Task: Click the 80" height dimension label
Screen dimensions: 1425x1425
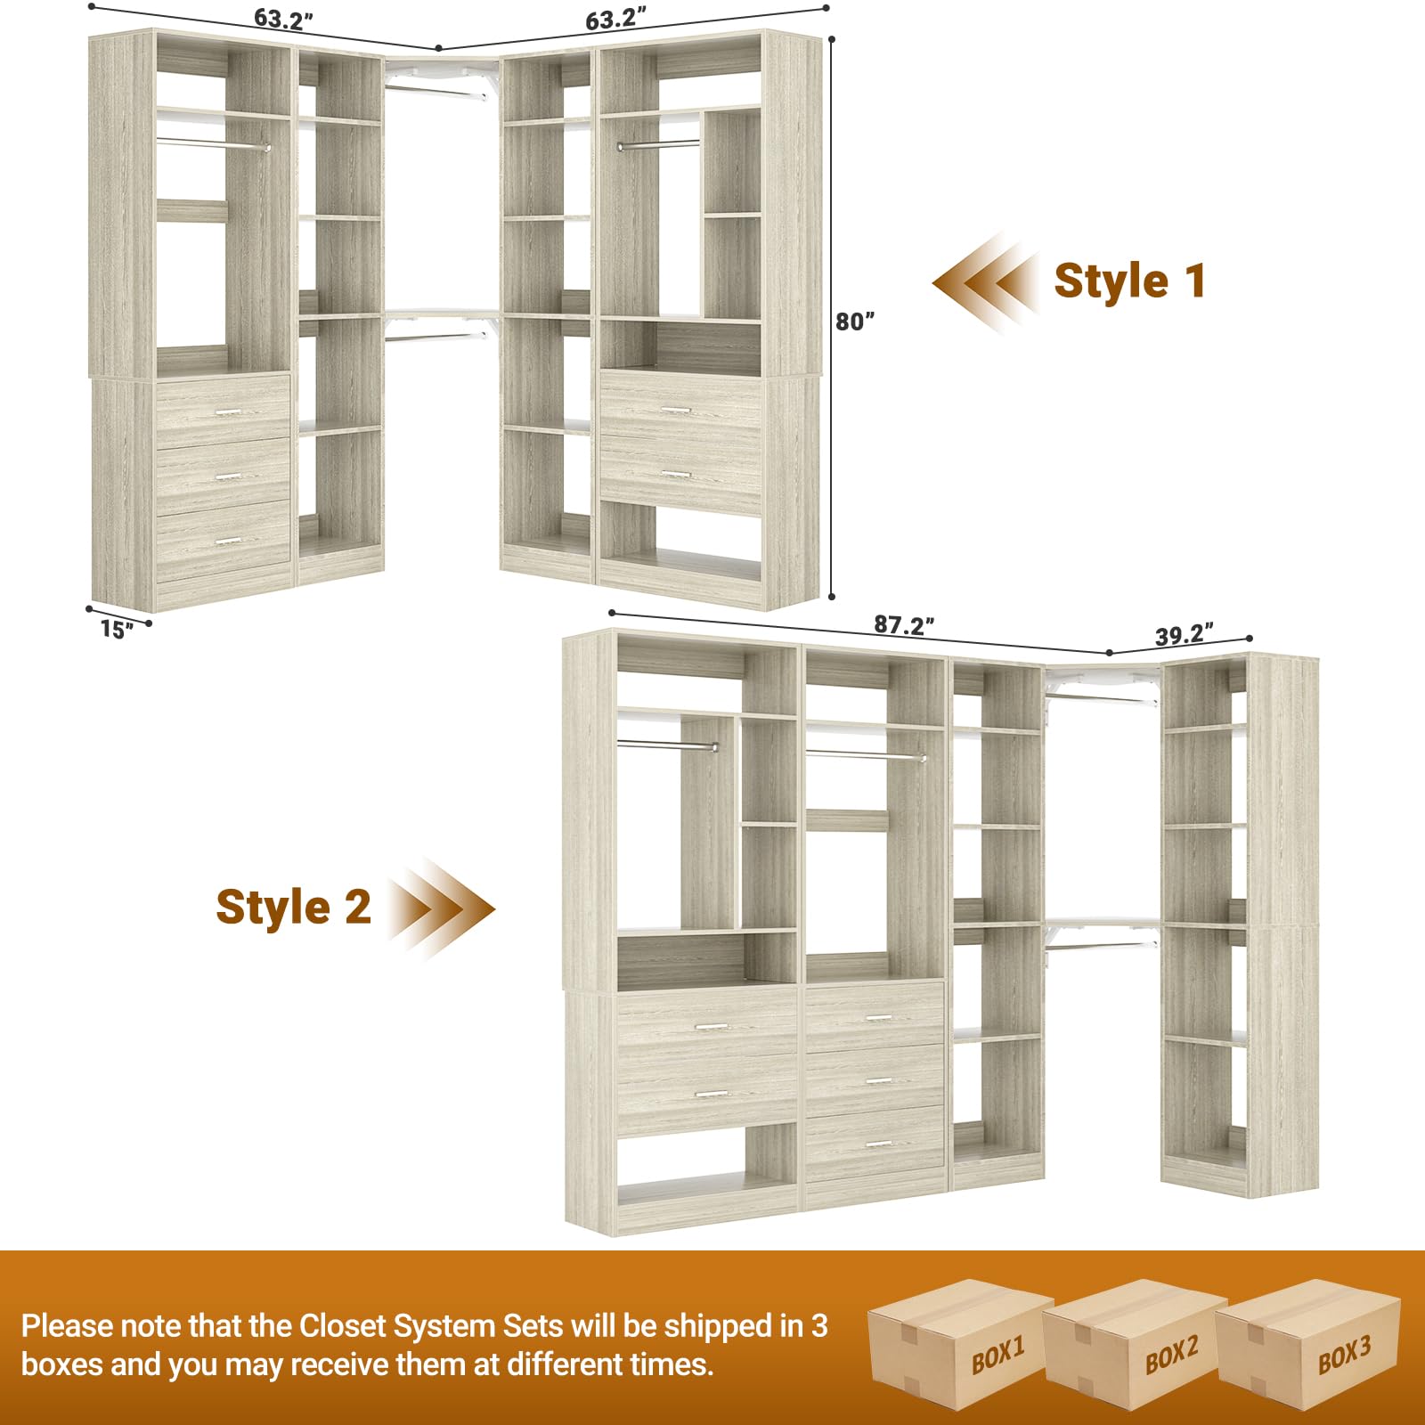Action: [x=854, y=322]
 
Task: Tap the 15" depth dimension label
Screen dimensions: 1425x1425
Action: [x=117, y=630]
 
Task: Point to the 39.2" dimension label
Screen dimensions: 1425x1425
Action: [x=1184, y=635]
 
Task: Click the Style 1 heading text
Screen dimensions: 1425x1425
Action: [x=1129, y=281]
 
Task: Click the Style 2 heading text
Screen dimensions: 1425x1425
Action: [x=293, y=908]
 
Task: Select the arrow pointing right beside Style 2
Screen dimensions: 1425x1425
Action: [x=441, y=909]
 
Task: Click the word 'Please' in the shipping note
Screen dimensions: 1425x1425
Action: [x=66, y=1326]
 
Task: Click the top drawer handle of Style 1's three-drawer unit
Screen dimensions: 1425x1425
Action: [x=229, y=411]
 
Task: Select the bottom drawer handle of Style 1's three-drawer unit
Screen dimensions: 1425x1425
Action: [x=229, y=541]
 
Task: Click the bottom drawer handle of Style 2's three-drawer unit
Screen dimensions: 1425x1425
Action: [x=878, y=1144]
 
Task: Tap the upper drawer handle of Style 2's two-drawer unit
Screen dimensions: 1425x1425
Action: [x=711, y=1027]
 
